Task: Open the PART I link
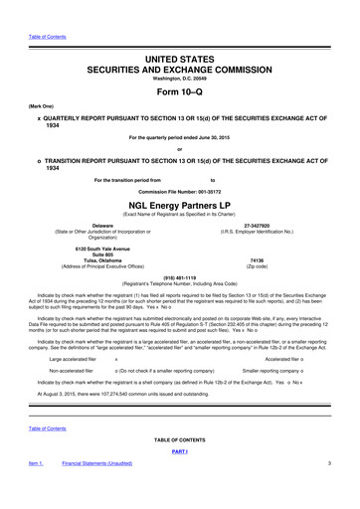pyautogui.click(x=179, y=450)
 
